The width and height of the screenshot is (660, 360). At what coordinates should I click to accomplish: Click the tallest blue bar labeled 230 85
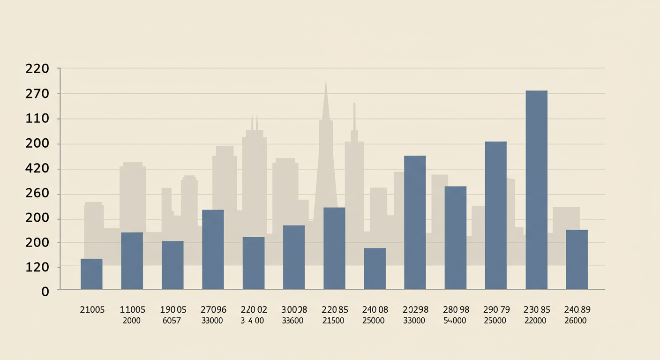pos(536,189)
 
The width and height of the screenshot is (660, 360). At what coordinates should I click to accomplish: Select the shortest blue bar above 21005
pos(91,274)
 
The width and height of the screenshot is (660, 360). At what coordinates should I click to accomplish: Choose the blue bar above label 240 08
pos(375,268)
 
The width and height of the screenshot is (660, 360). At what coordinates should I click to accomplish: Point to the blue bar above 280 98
pos(455,237)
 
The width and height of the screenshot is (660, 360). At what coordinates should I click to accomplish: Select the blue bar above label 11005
pos(132,260)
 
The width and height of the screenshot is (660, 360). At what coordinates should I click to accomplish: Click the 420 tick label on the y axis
pos(37,169)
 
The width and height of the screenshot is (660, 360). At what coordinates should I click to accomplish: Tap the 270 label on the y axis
pos(37,94)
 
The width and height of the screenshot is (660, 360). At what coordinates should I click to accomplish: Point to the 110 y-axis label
pos(37,119)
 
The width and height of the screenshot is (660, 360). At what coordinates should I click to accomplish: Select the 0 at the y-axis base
pos(45,292)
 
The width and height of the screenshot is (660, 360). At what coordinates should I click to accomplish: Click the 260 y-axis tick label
pos(37,194)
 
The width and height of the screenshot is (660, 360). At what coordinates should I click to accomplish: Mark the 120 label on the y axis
pos(37,267)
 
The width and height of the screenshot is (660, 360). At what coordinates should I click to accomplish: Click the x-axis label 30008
pos(294,310)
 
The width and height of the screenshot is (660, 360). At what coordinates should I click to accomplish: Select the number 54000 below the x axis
pos(456,321)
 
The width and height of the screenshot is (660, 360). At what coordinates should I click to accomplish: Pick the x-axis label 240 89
pos(577,310)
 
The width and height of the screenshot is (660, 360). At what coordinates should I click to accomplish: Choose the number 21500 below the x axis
pos(334,321)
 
